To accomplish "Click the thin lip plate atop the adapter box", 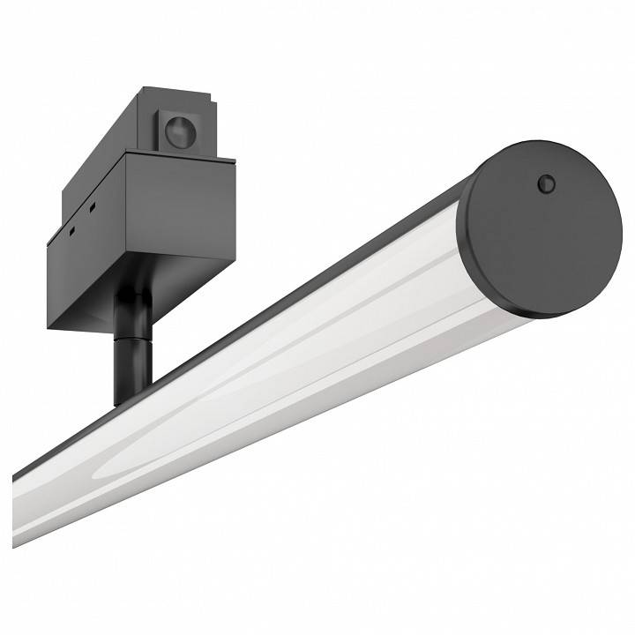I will tap(176, 158).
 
